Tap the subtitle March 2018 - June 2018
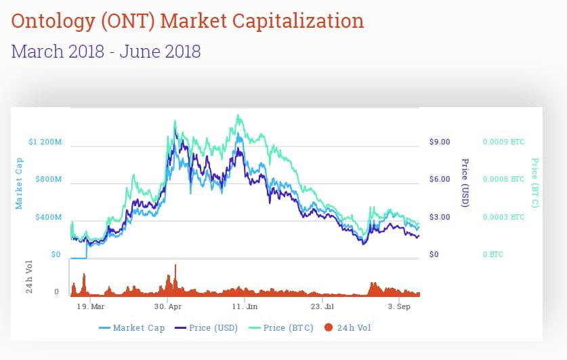pos(106,51)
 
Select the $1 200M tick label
pos(45,142)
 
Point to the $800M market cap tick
pos(49,180)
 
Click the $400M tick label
pos(49,217)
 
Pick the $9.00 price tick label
pos(440,142)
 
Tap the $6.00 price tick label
pos(440,180)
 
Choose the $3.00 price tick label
pos(440,217)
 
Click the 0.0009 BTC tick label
pos(503,142)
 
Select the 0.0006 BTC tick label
pos(503,180)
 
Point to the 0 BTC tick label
pos(492,254)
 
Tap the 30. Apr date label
pos(167,306)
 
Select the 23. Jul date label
pos(322,306)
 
